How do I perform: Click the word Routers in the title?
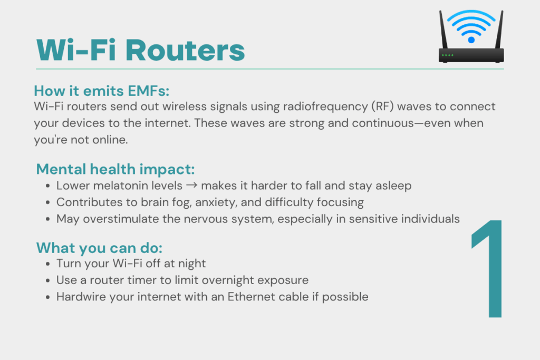coord(185,51)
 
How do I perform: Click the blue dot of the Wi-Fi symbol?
coord(471,40)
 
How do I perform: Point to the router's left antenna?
coord(443,30)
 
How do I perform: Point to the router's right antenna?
coord(499,30)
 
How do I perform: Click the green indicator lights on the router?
coord(448,55)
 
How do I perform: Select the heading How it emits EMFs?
coord(102,91)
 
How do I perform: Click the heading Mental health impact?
coord(115,169)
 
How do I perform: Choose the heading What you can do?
coord(99,248)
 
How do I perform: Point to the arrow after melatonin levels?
coord(191,186)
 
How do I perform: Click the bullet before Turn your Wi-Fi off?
coord(48,264)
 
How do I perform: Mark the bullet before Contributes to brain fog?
coord(48,203)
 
